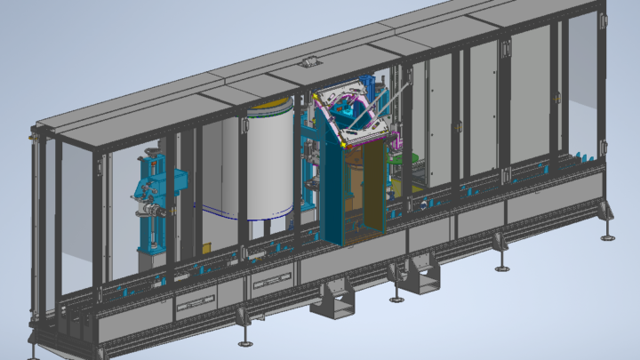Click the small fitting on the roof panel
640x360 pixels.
pos(309,61)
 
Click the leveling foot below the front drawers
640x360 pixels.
pos(244,342)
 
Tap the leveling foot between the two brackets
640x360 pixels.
pos(394,296)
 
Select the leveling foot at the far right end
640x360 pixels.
pos(608,236)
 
